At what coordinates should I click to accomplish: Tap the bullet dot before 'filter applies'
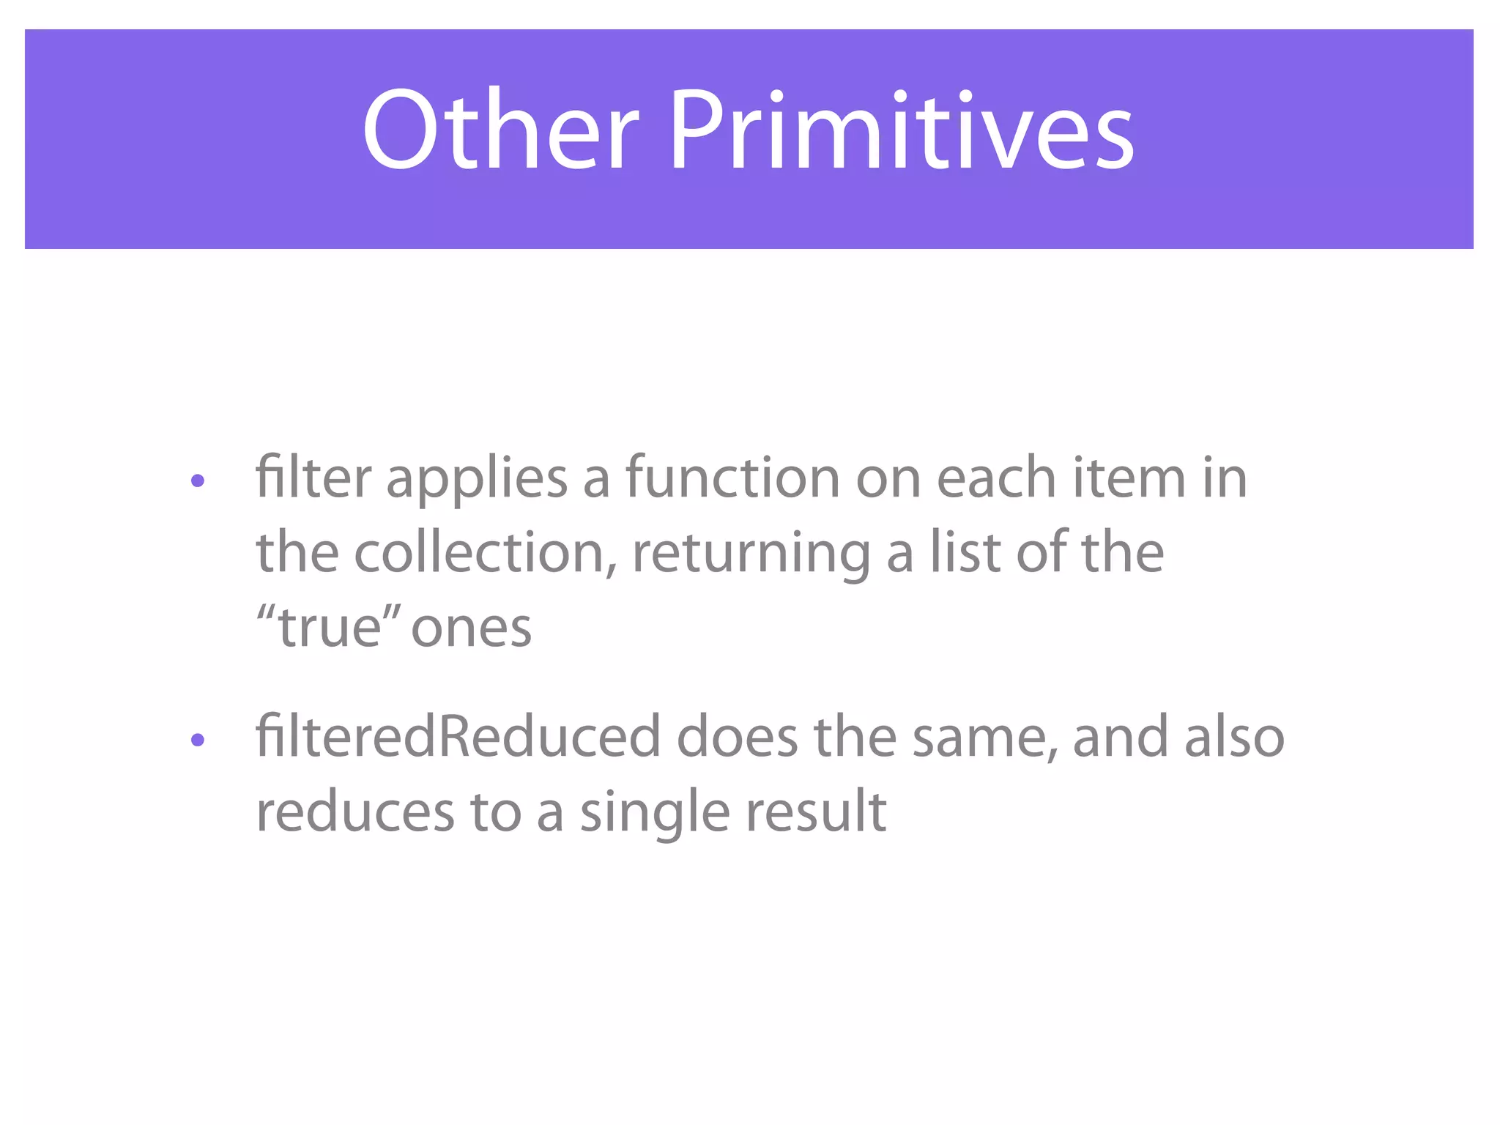[x=197, y=481]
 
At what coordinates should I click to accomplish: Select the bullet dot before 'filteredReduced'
[x=197, y=740]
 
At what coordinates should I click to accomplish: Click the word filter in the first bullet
[x=313, y=478]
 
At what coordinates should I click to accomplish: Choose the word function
[x=732, y=478]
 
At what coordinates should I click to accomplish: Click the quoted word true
[x=330, y=628]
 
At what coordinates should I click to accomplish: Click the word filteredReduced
[x=458, y=737]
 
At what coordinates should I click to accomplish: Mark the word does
[x=737, y=737]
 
